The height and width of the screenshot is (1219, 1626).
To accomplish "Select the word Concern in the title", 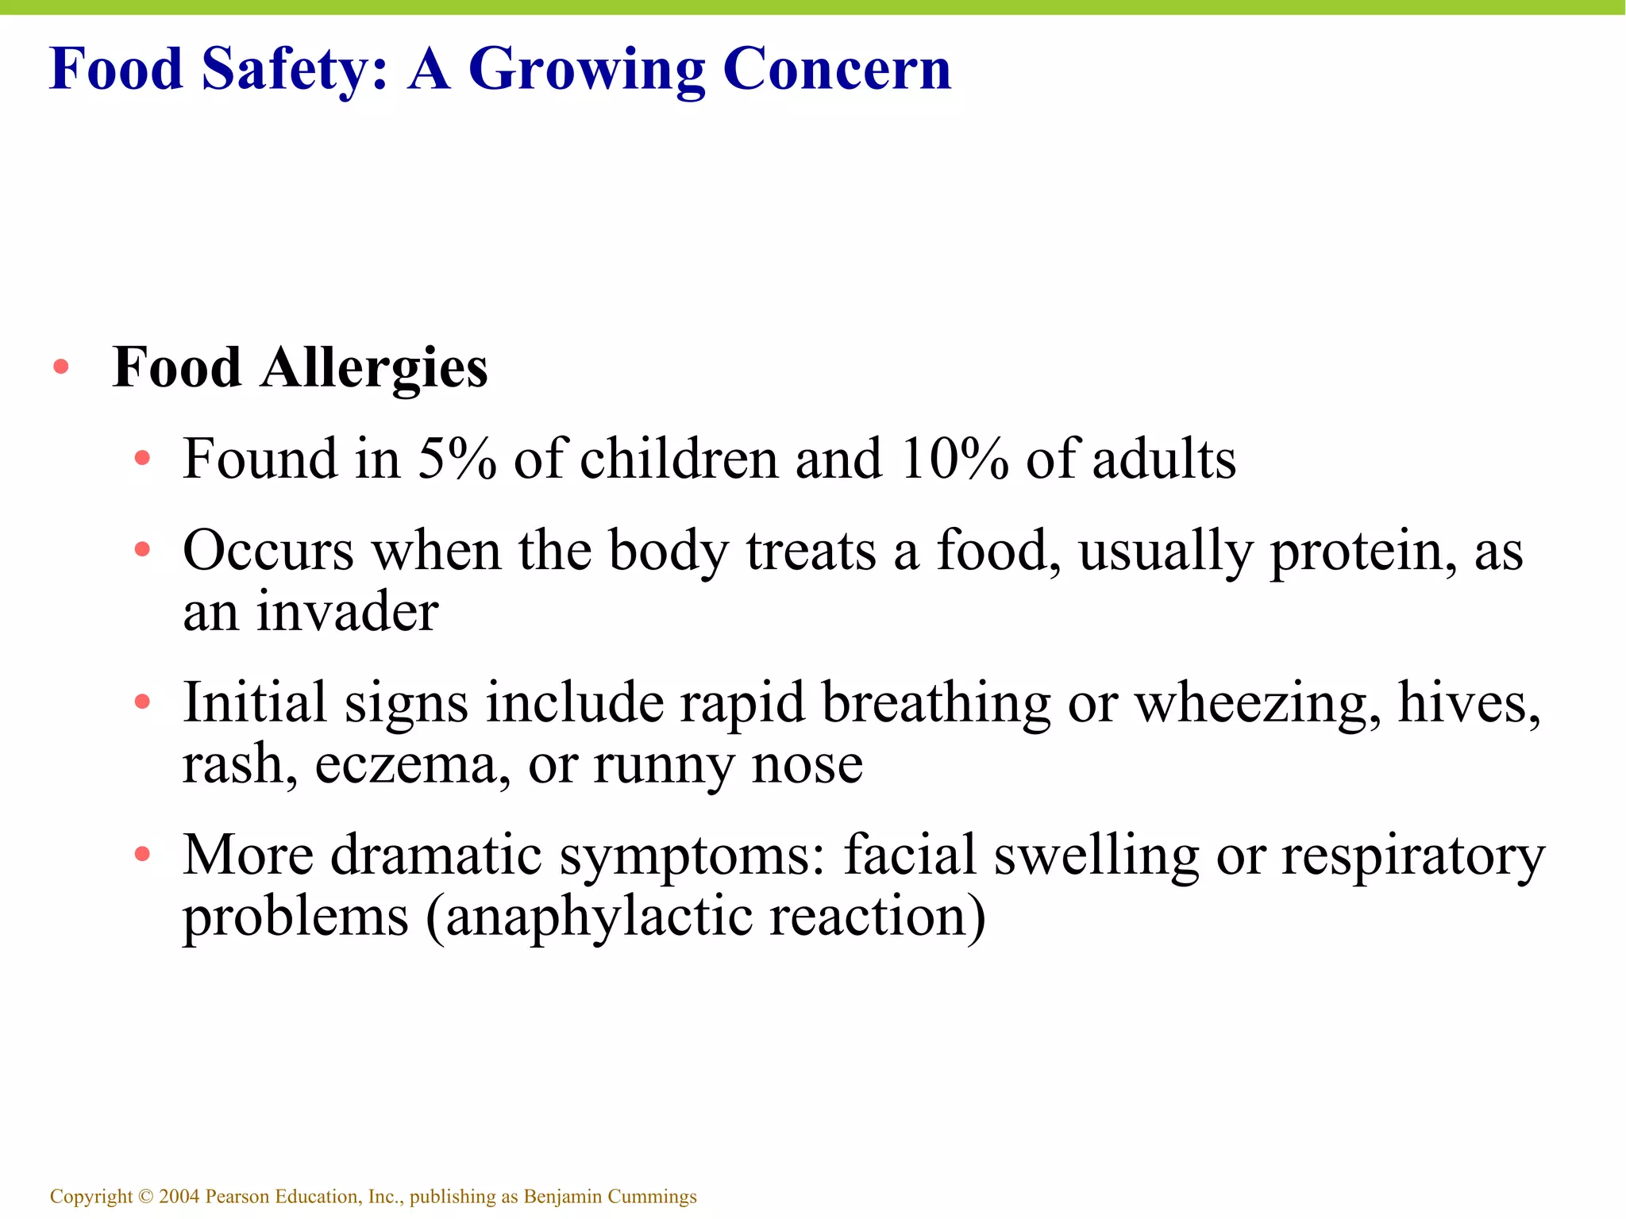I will pyautogui.click(x=837, y=69).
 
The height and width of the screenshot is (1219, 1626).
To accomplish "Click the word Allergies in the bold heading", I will pyautogui.click(x=374, y=368).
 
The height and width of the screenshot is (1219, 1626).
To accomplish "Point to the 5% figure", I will pyautogui.click(x=457, y=459).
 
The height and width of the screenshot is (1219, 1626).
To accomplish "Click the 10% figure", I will pyautogui.click(x=954, y=459).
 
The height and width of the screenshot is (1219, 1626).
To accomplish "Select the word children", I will pyautogui.click(x=679, y=459).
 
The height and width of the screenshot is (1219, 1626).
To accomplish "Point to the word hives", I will pyautogui.click(x=1467, y=702).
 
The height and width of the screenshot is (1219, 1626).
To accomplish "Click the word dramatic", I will pyautogui.click(x=436, y=855).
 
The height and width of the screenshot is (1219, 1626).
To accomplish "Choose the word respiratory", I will pyautogui.click(x=1412, y=855).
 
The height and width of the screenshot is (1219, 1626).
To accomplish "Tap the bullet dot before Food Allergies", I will pyautogui.click(x=60, y=367).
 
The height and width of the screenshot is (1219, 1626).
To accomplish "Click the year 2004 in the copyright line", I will pyautogui.click(x=179, y=1196).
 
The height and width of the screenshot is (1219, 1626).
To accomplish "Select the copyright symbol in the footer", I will pyautogui.click(x=145, y=1196).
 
